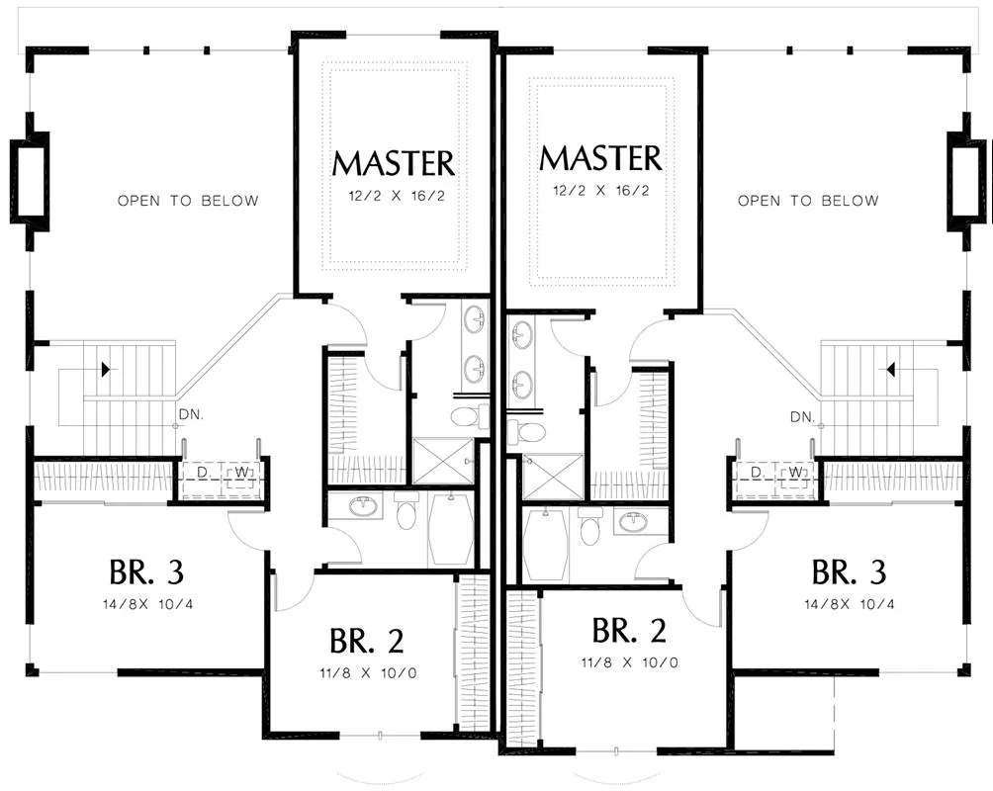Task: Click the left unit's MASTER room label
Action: [394, 163]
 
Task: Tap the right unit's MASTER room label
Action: [600, 157]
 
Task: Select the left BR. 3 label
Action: [146, 571]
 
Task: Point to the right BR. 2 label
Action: [629, 630]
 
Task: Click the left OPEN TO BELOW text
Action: [188, 201]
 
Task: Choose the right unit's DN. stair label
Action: [802, 416]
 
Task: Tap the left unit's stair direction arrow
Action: [105, 369]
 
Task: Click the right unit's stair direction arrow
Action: [890, 369]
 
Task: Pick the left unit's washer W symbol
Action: [241, 473]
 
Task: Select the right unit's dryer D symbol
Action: [757, 473]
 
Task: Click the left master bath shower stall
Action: [443, 461]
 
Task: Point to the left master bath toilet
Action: [469, 416]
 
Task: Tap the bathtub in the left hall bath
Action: [451, 530]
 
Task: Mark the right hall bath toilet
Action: [588, 526]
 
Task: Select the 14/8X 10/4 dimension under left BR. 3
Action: [148, 604]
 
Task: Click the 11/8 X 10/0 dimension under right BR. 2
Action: [629, 662]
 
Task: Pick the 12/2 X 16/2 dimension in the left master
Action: [397, 196]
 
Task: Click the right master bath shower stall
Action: [553, 477]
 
